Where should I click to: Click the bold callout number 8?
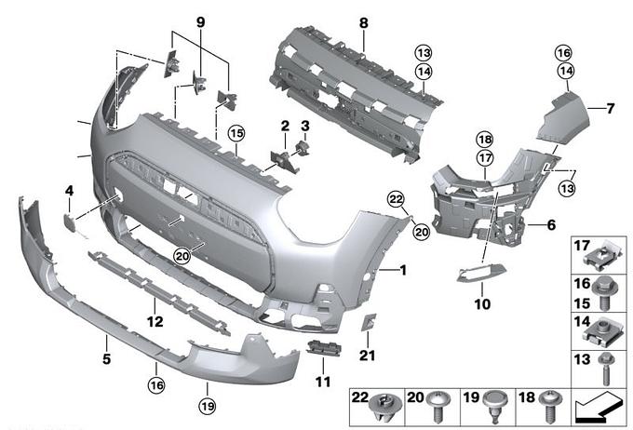pyautogui.click(x=364, y=23)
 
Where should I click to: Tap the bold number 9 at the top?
pyautogui.click(x=201, y=22)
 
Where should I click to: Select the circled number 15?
pyautogui.click(x=236, y=133)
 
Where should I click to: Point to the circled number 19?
pyautogui.click(x=207, y=406)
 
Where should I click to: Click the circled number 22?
pyautogui.click(x=396, y=199)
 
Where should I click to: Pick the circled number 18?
pyautogui.click(x=485, y=140)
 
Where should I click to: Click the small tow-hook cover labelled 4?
pyautogui.click(x=69, y=222)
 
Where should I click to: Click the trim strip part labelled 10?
pyautogui.click(x=481, y=272)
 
